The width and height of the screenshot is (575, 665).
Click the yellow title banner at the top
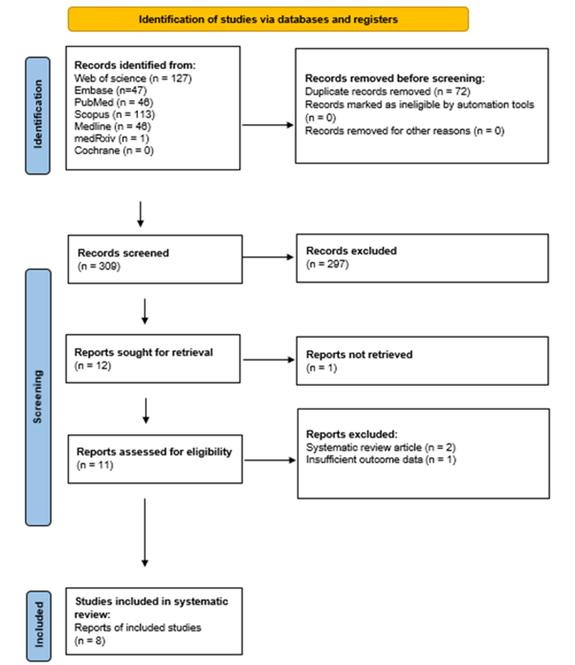(268, 19)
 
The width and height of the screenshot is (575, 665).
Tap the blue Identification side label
(38, 115)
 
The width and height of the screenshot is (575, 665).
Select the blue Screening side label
(38, 397)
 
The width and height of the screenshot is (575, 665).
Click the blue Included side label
(39, 625)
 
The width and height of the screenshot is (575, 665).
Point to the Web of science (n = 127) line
(133, 78)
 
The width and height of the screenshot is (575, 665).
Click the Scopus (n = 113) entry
(114, 114)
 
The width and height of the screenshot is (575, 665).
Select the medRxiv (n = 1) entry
(111, 138)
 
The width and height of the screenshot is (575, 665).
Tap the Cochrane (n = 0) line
(114, 150)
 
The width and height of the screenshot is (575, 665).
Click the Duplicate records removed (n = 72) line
(387, 91)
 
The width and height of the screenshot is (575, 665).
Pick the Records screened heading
(123, 253)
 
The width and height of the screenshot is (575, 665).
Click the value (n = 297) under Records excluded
(327, 264)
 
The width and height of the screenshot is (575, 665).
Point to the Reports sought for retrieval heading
(144, 352)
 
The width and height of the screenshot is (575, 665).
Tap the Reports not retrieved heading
(359, 355)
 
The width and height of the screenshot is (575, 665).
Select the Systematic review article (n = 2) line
(381, 447)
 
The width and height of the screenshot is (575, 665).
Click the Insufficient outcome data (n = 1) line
(381, 459)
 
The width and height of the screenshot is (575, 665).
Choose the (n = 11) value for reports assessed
(95, 465)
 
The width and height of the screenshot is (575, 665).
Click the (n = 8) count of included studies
(89, 640)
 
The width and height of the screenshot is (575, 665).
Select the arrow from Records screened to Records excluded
(268, 257)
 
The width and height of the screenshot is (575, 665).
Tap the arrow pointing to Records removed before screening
(268, 125)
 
